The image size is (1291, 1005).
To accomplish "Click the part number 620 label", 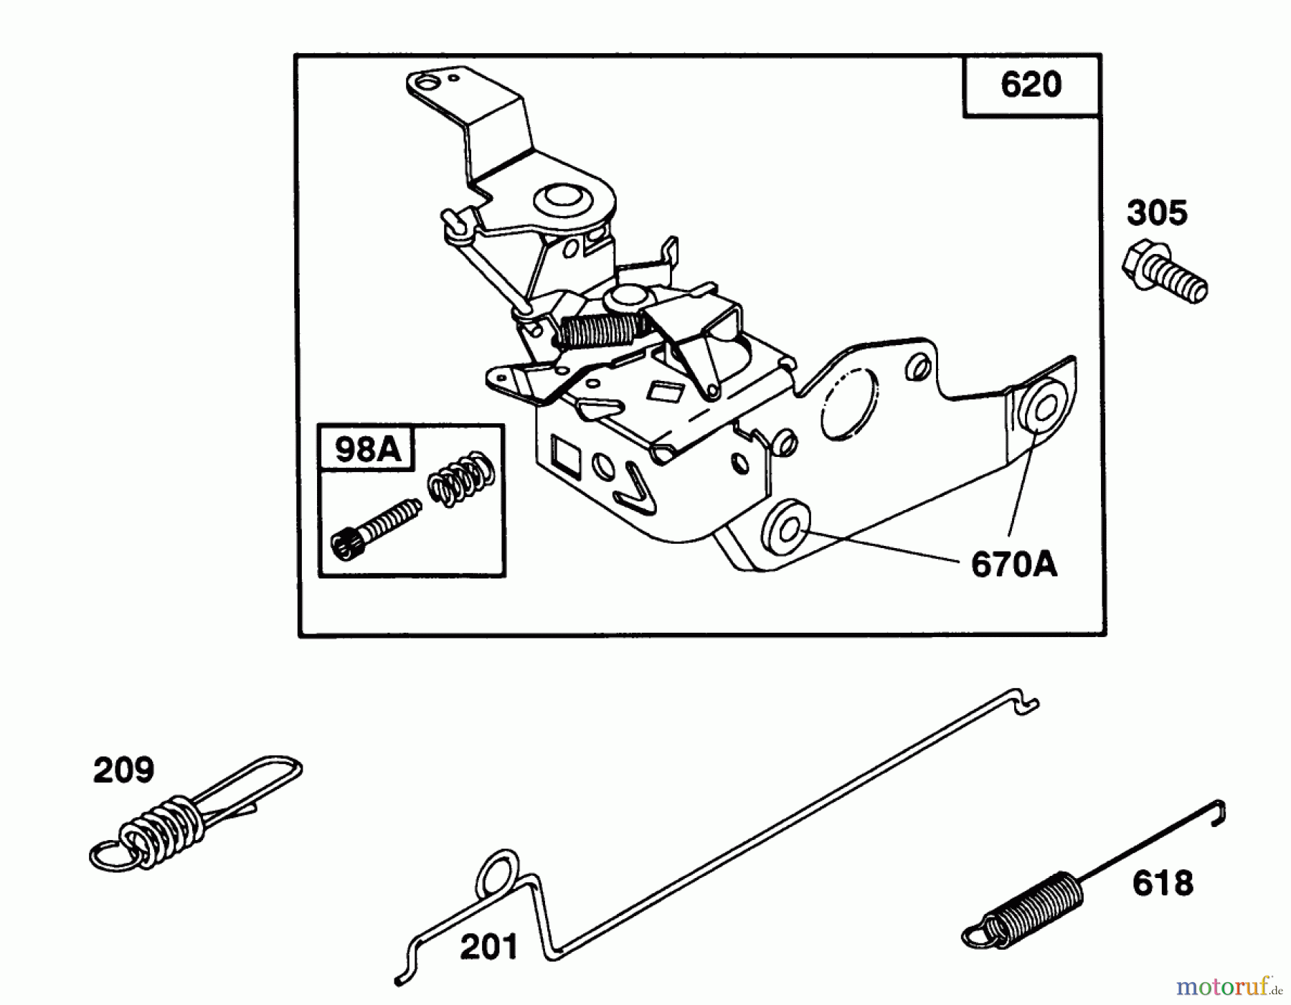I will pos(1031,85).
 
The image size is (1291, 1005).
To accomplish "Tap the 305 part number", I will pos(1157,213).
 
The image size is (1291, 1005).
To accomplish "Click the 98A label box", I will pos(367,449).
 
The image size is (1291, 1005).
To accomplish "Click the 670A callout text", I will pos(1013,565).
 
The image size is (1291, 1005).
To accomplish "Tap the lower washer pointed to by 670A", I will pos(787,530).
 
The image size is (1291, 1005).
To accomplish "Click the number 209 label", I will pos(123,770).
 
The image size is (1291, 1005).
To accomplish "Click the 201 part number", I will pos(488,946).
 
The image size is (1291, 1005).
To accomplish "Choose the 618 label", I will pos(1163,883).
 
